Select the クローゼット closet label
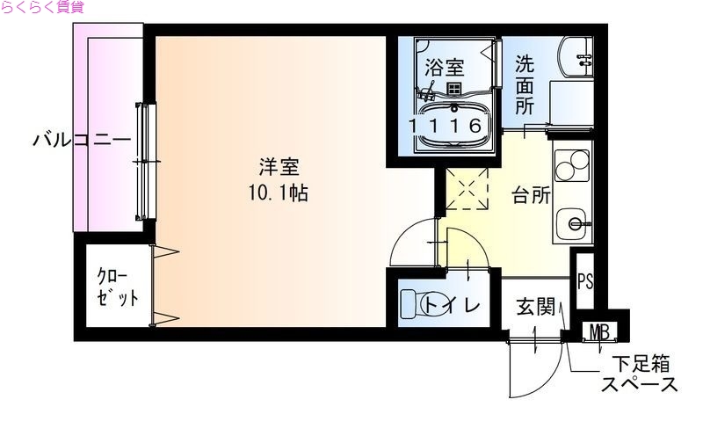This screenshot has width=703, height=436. tap(117, 287)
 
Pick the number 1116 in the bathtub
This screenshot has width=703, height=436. tap(446, 125)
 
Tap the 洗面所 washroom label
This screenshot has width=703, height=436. tap(525, 85)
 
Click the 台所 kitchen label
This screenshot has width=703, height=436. tap(531, 194)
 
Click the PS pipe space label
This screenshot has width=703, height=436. tap(585, 282)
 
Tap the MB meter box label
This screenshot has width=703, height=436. tap(600, 332)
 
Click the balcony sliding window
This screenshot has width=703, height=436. tap(145, 161)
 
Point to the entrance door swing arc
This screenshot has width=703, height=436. tap(527, 378)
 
